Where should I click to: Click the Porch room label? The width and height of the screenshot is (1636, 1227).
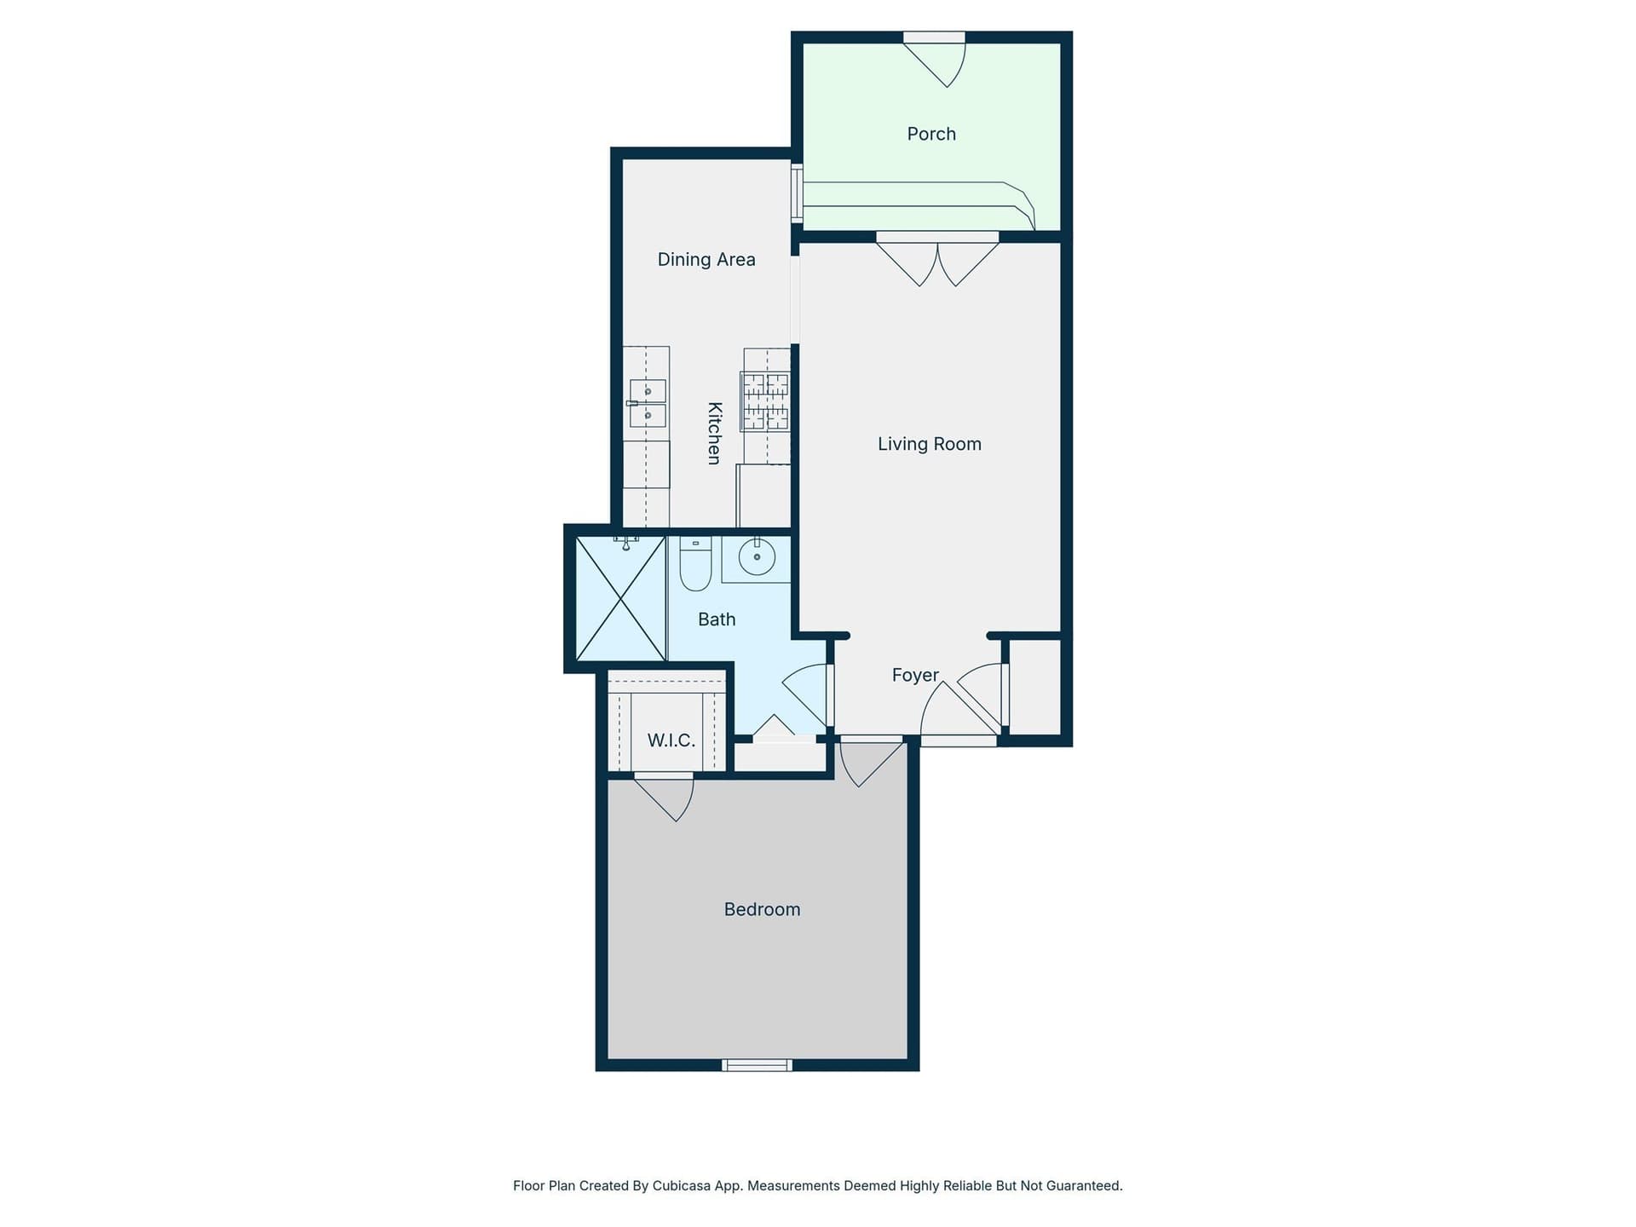[931, 134]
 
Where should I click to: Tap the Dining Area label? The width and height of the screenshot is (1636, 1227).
[706, 260]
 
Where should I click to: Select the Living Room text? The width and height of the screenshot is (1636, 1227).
[930, 444]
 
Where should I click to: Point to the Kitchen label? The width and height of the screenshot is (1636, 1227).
[715, 433]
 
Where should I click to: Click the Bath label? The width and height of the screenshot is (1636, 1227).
[717, 619]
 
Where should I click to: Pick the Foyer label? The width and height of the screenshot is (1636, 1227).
[915, 675]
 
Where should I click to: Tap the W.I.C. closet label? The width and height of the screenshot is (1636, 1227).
[671, 740]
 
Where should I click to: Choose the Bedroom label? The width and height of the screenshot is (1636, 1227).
[762, 909]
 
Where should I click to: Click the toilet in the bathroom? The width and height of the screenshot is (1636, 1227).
[695, 563]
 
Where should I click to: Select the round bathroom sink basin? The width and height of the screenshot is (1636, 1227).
[757, 557]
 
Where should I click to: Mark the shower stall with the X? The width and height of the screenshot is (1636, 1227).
[621, 598]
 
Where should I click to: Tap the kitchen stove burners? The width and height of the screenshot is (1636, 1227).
[766, 401]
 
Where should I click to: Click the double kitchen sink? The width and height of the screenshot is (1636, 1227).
[647, 403]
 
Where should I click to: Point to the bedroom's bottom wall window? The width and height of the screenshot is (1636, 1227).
[757, 1065]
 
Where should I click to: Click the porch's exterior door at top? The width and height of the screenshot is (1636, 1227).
[934, 59]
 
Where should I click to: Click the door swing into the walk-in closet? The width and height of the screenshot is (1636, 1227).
[664, 797]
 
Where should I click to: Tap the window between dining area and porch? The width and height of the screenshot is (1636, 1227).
[797, 194]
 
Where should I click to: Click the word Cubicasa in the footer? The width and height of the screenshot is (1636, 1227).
[683, 1185]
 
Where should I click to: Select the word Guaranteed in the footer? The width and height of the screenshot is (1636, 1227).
[1082, 1185]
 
